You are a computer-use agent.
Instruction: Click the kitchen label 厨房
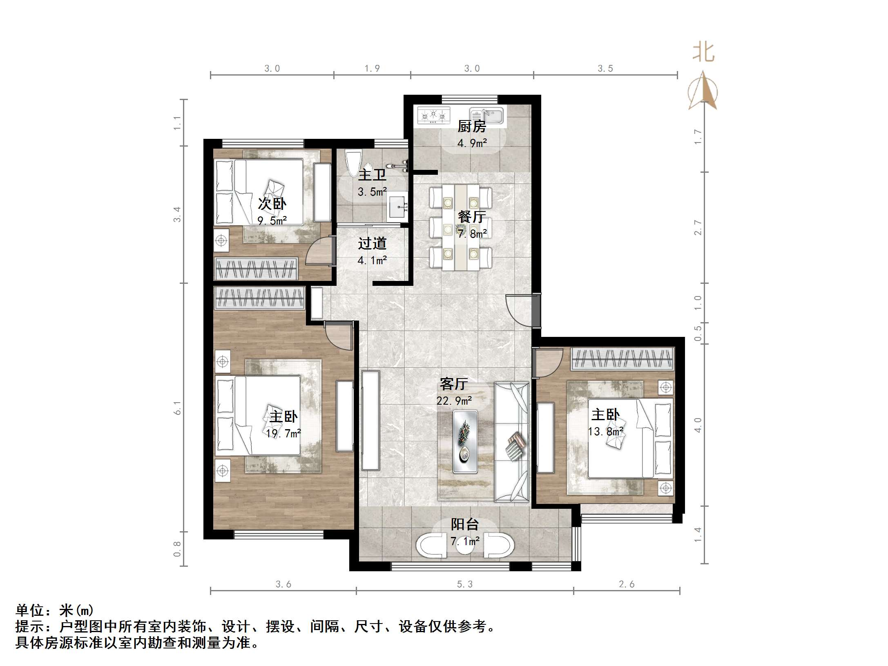[x=471, y=127]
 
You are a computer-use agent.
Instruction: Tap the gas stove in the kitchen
[x=433, y=115]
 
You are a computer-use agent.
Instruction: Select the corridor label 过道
[x=372, y=244]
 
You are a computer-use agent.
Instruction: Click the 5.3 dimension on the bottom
[x=464, y=584]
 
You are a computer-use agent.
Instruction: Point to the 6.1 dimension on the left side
[x=177, y=407]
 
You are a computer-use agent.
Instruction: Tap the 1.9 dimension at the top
[x=372, y=68]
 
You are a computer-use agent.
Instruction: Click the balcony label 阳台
[x=464, y=524]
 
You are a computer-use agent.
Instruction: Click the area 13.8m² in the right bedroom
[x=605, y=431]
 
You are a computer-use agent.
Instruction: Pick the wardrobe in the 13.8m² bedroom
[x=622, y=359]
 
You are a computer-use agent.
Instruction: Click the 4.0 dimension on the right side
[x=698, y=425]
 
